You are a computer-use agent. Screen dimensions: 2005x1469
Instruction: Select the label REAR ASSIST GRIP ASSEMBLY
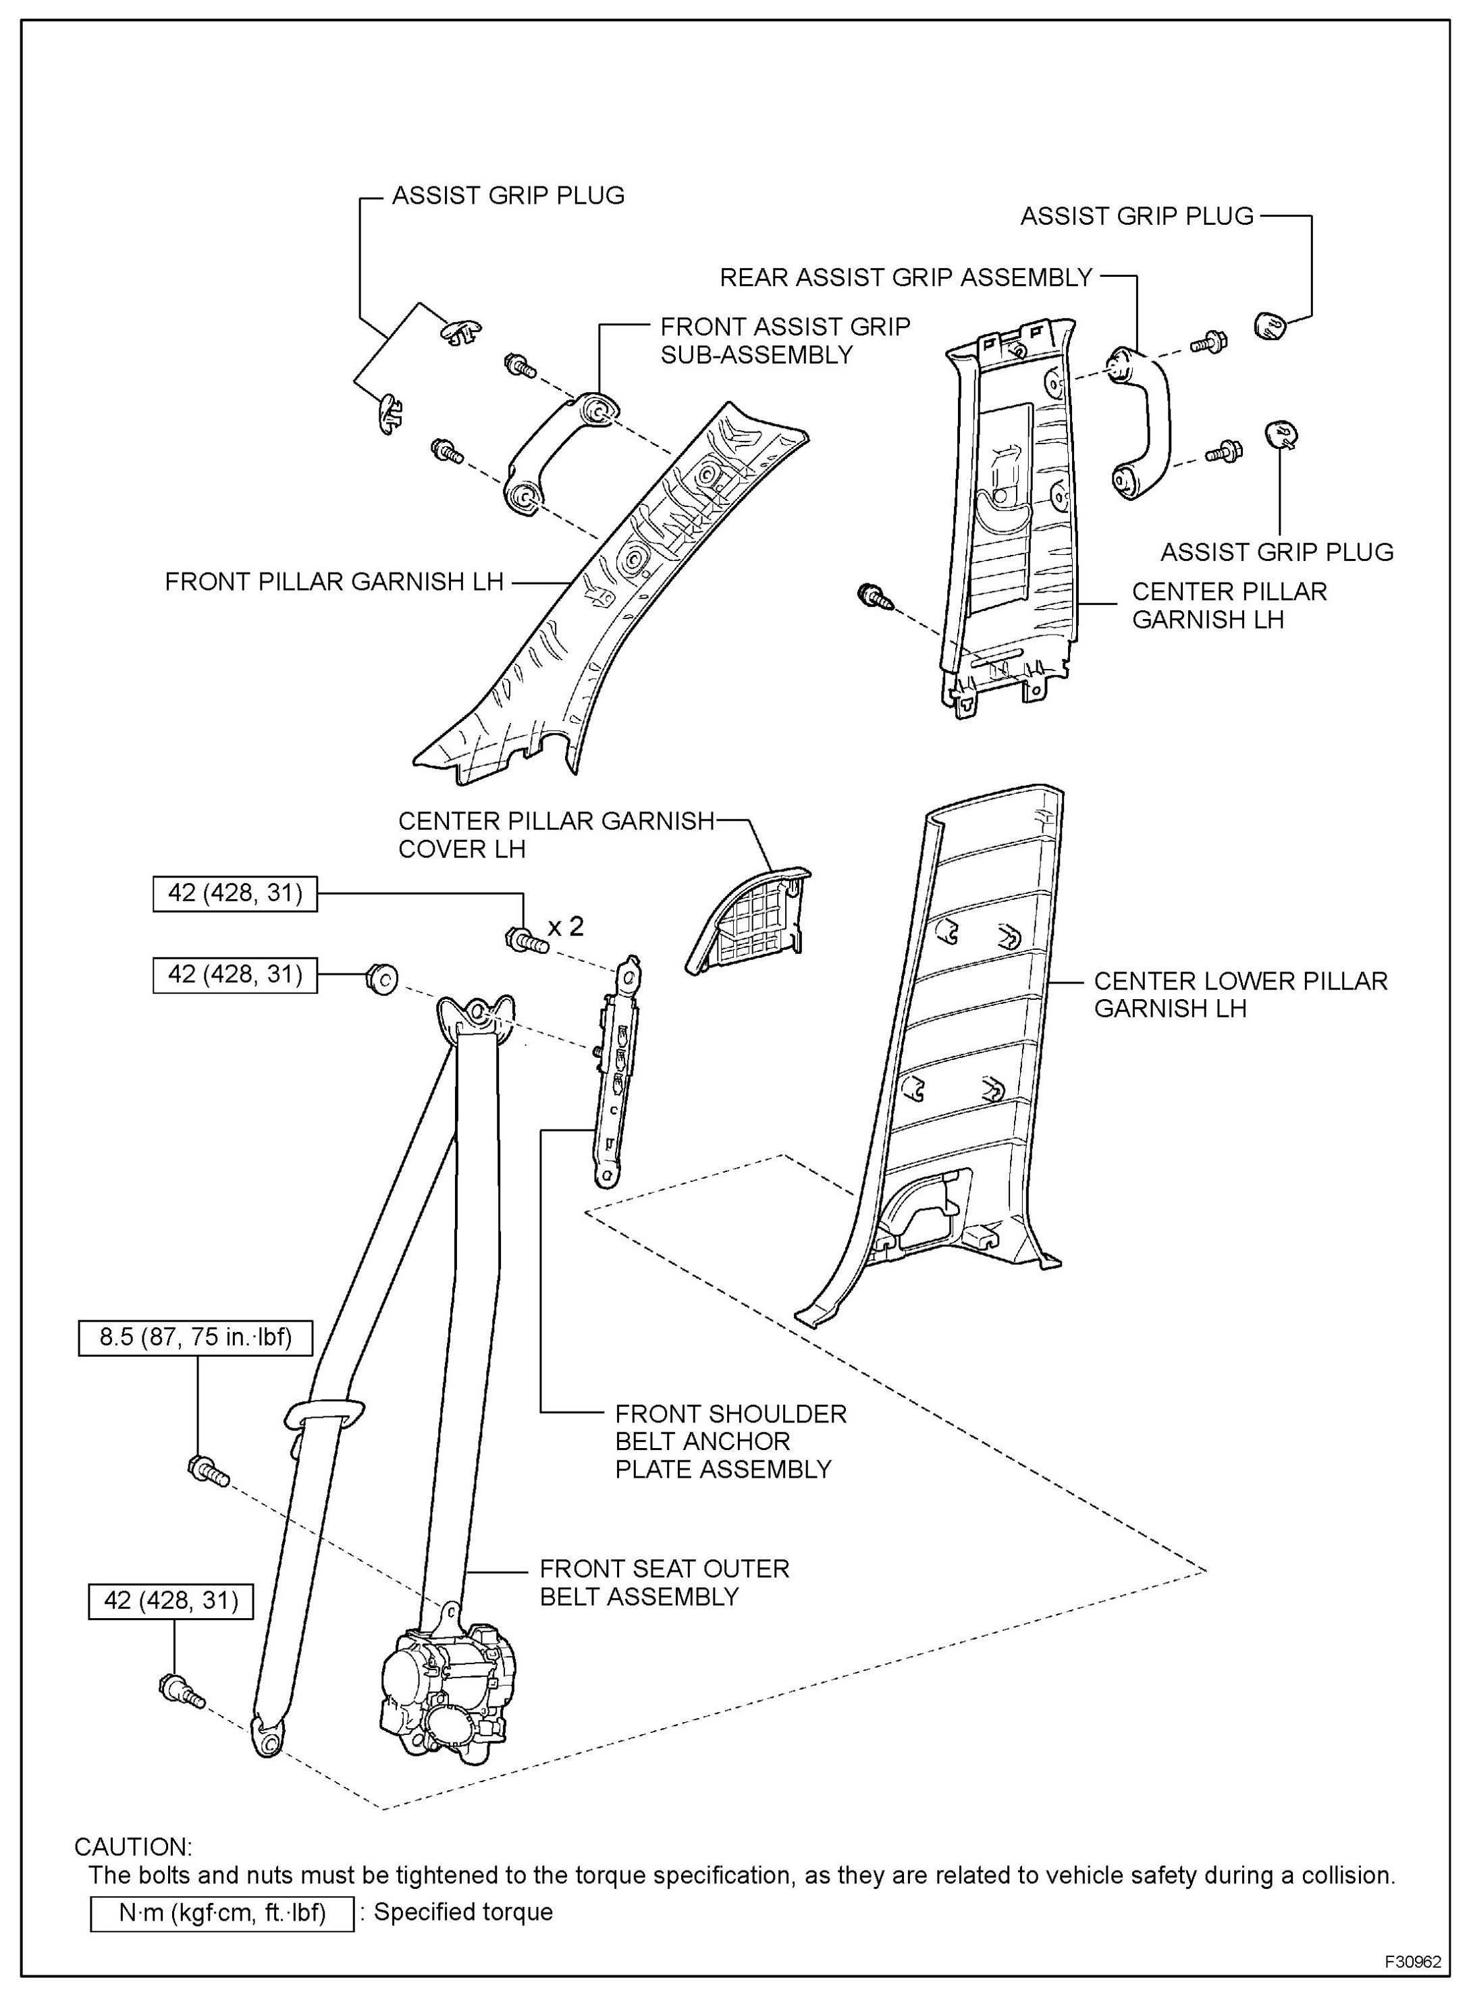905,277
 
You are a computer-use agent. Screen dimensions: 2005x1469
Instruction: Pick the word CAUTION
134,1847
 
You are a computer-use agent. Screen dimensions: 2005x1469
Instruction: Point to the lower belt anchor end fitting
269,1734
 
